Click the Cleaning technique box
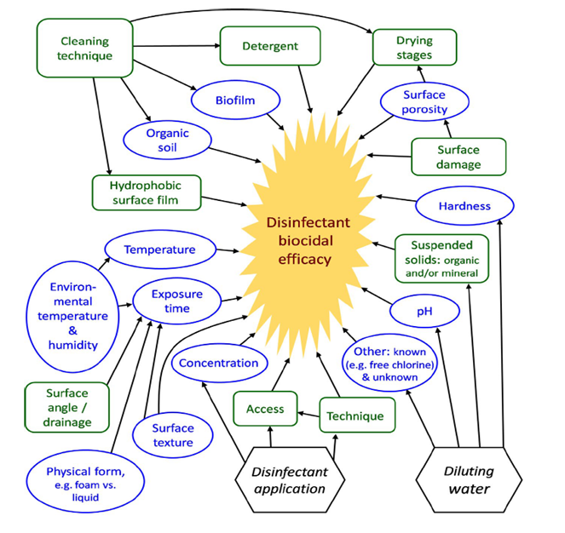(x=86, y=48)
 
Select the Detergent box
(x=270, y=44)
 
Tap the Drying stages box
(x=414, y=48)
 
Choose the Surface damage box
(x=458, y=156)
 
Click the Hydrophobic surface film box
(x=147, y=192)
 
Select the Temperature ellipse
(x=159, y=250)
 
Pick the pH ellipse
(x=424, y=312)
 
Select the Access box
(x=265, y=409)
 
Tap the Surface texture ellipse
(x=173, y=434)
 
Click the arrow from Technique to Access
(x=308, y=416)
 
